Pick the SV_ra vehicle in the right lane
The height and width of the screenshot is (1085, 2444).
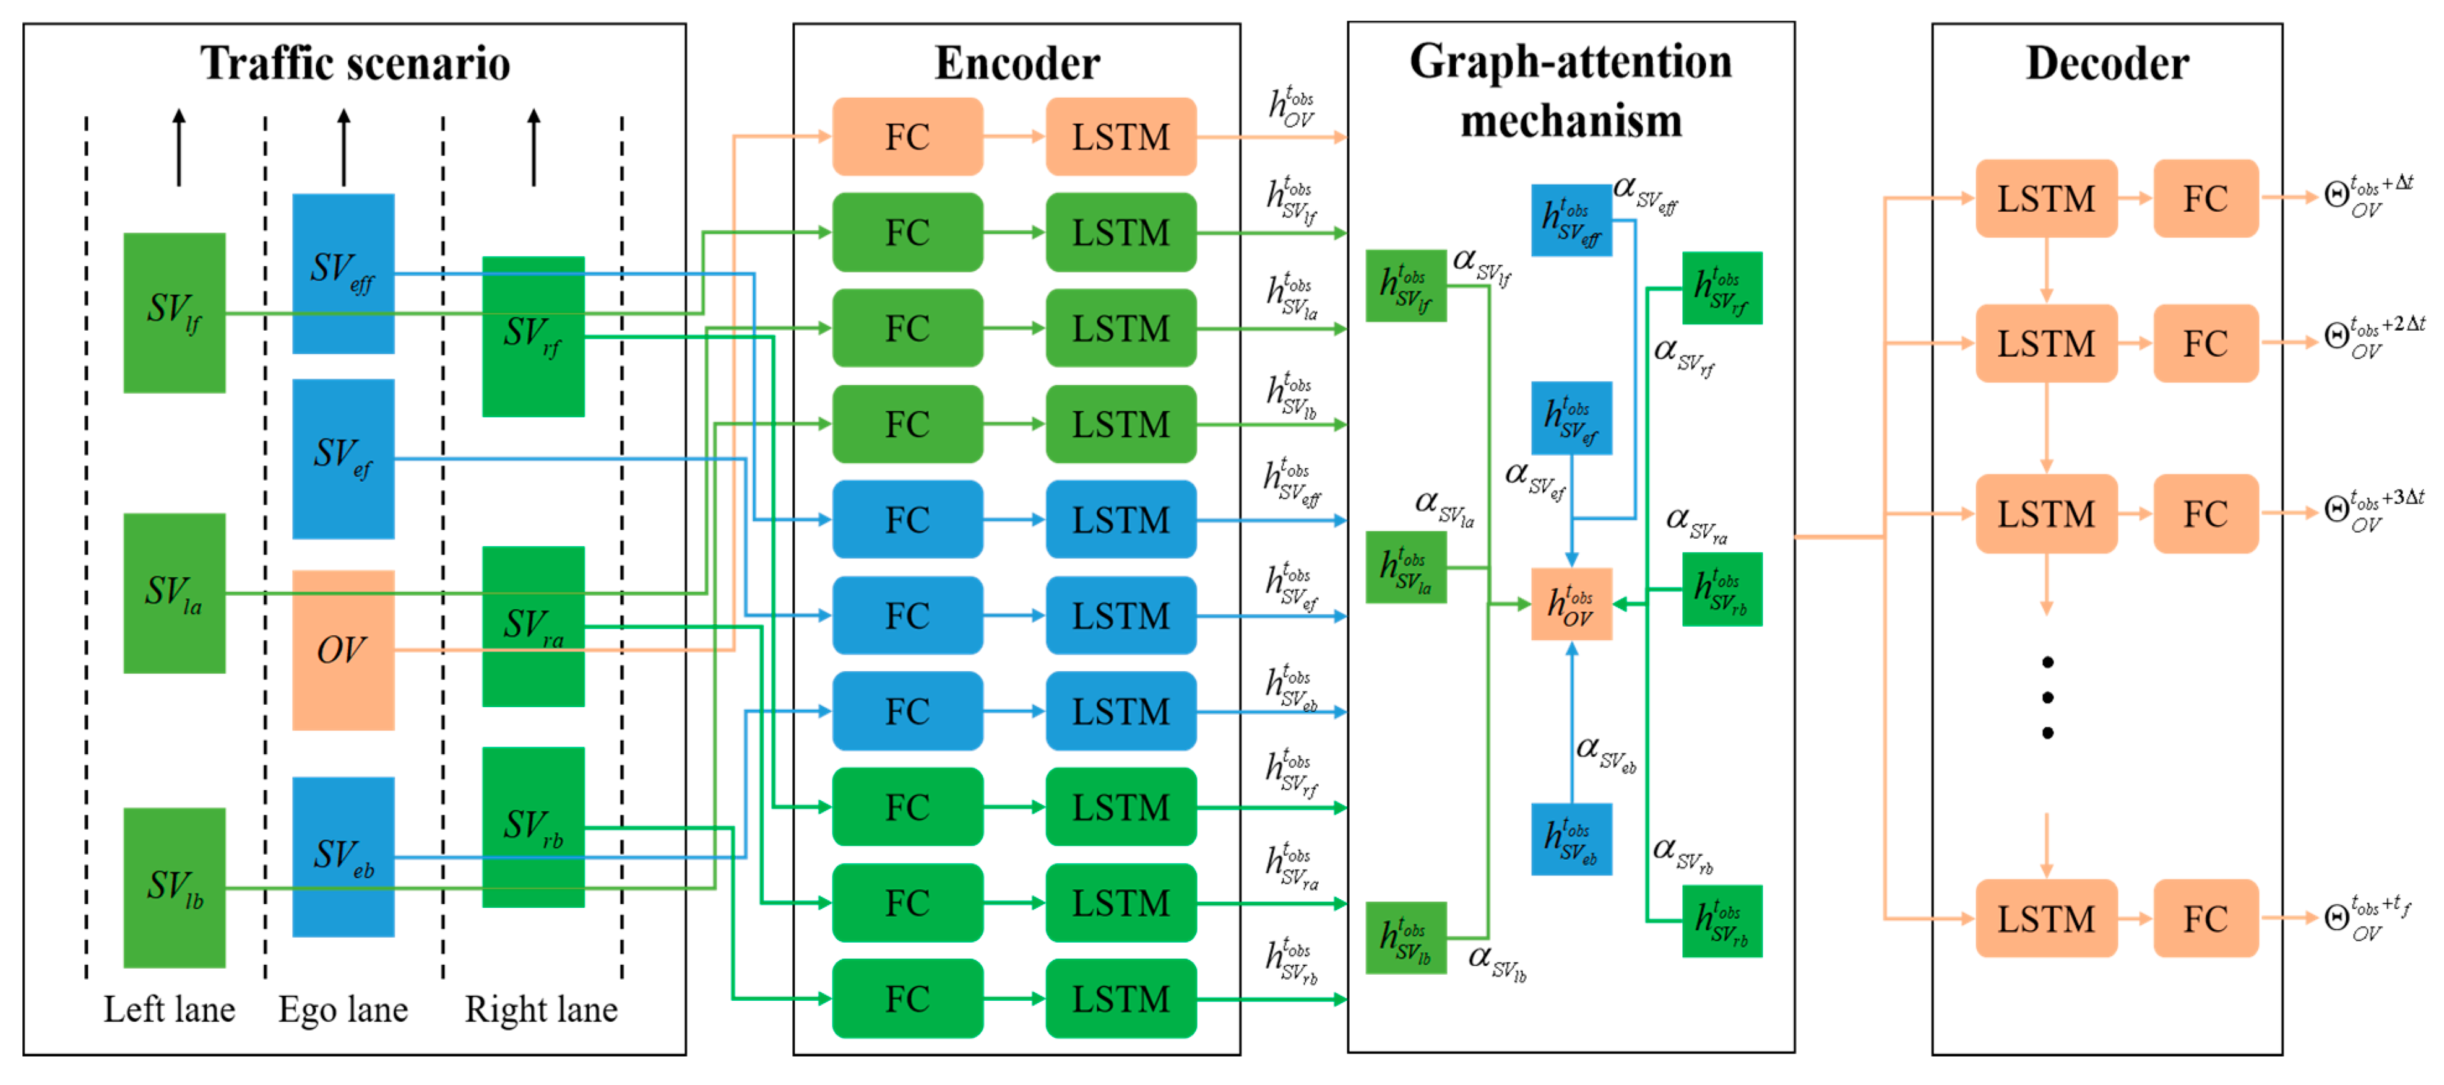533,627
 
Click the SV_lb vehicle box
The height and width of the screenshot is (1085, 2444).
175,887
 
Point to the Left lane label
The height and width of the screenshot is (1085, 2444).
169,1009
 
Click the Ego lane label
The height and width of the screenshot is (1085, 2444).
342,1009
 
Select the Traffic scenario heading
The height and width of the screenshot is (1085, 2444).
355,64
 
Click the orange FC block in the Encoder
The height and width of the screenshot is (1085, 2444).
907,137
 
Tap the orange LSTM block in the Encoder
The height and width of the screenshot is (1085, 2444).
1120,137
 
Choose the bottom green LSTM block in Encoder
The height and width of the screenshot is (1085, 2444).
1120,999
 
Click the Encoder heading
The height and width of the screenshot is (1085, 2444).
1017,64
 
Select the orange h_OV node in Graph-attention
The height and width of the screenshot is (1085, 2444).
1571,604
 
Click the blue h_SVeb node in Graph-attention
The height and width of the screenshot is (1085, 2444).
1571,839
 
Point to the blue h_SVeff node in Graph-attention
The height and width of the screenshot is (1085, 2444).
1571,220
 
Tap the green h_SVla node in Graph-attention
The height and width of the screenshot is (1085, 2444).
1405,568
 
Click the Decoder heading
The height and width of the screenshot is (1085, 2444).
2107,64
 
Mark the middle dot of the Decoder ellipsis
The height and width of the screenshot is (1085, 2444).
2047,698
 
